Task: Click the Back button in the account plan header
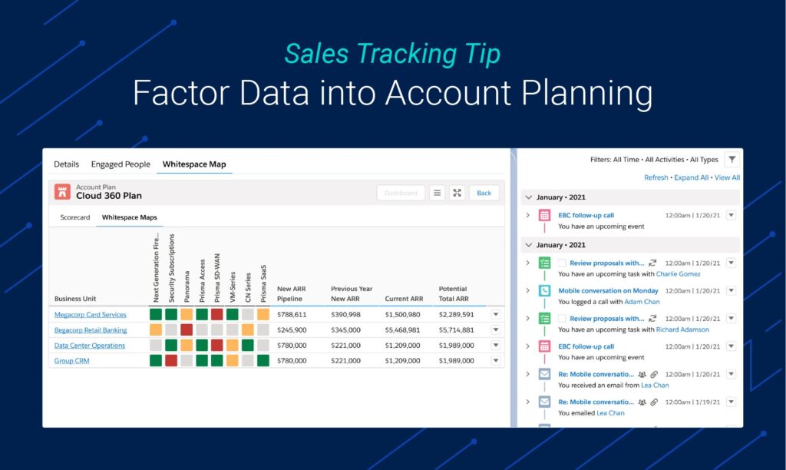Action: pos(484,193)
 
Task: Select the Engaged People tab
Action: pos(121,164)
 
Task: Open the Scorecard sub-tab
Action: pos(75,217)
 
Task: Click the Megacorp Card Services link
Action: pos(90,314)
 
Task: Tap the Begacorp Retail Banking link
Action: pos(90,329)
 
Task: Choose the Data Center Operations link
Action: pos(89,345)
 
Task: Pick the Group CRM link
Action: pos(71,360)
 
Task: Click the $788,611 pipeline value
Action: pos(292,314)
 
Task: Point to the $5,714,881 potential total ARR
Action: pos(456,329)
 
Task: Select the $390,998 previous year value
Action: pos(345,314)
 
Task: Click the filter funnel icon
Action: pos(732,160)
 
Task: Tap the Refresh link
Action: pos(656,177)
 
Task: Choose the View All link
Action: pos(727,177)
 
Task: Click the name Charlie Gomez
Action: pos(679,273)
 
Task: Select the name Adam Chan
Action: pos(642,302)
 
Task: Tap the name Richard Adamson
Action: pos(682,329)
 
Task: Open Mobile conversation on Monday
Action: pos(608,291)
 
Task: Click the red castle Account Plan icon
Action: pos(61,191)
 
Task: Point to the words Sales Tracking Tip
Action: pos(392,54)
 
